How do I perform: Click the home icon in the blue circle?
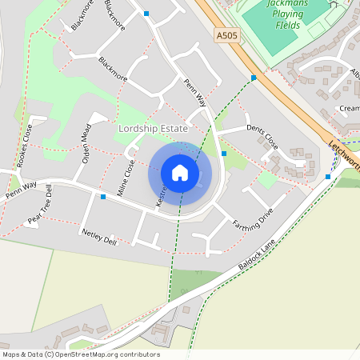tap(180, 173)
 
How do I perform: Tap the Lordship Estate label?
tap(153, 129)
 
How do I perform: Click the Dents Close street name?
tap(262, 136)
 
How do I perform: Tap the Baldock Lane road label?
tap(257, 255)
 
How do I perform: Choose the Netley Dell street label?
tap(99, 236)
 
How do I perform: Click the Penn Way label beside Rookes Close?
tap(22, 190)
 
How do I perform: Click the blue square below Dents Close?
tap(224, 154)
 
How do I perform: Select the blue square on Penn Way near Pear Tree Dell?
tap(103, 197)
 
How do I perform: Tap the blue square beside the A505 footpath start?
tap(254, 78)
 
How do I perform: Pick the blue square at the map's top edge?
tap(146, 14)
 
